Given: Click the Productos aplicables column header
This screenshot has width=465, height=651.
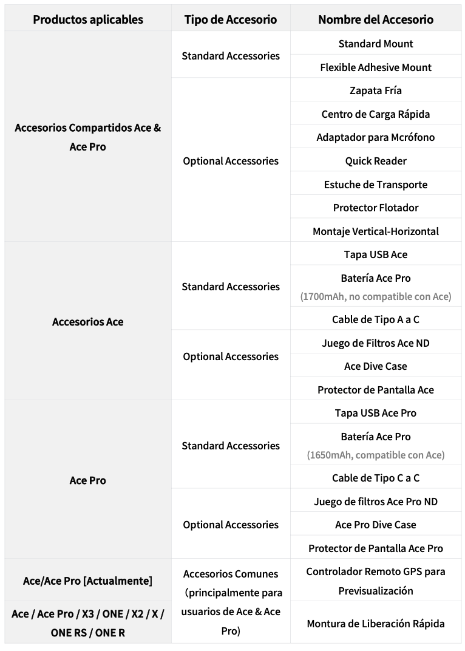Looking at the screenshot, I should (88, 19).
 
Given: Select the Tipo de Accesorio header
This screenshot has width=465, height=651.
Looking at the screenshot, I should (231, 19).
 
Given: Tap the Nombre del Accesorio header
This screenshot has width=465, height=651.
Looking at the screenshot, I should (376, 19).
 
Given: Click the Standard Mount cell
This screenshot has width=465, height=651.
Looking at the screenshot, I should (376, 44).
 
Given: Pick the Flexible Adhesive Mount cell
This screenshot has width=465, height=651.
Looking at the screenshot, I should (376, 67).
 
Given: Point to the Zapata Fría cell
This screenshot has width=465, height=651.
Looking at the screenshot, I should (376, 90).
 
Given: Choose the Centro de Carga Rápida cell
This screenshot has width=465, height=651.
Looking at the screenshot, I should (376, 114).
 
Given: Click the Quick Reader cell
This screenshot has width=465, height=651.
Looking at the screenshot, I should (376, 161).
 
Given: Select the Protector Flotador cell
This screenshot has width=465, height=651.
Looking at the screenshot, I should (376, 208).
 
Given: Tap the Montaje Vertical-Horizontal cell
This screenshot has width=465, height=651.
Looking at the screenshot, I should (376, 231).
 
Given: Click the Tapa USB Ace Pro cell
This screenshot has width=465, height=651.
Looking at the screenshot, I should (376, 413).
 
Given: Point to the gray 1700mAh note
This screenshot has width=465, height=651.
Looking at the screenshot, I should (376, 296).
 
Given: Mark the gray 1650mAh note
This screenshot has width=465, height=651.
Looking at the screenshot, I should (376, 455).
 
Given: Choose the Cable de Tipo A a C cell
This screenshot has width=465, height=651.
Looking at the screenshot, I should (376, 319).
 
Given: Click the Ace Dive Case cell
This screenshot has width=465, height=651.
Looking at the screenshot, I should (376, 366).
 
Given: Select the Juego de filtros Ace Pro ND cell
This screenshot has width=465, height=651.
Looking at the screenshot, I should (376, 502).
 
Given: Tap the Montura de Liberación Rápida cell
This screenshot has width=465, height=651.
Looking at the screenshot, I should (376, 624).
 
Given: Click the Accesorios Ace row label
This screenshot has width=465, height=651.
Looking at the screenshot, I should (88, 322).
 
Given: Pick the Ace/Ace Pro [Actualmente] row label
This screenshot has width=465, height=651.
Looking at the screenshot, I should (88, 581).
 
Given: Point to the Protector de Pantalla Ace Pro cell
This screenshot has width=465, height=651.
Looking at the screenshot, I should (376, 548).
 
